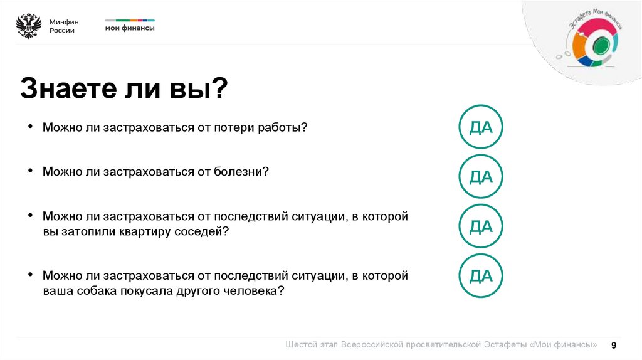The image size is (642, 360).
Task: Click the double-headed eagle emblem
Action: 28,26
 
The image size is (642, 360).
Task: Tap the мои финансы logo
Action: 129,26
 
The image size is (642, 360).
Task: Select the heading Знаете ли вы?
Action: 124,88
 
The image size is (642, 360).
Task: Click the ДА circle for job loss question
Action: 481,128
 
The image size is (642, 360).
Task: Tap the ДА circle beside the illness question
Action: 481,177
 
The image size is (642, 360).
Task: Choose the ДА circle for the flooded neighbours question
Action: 481,226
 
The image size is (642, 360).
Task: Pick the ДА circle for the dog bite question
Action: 481,275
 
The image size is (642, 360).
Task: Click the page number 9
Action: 614,345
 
